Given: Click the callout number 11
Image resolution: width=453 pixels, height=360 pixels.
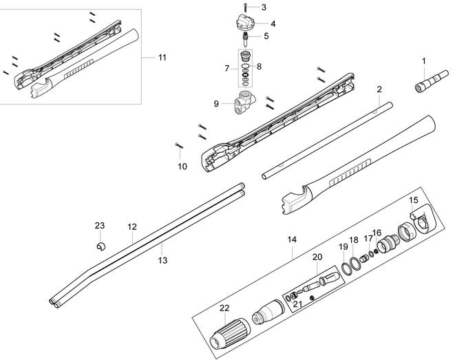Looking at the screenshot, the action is pyautogui.click(x=162, y=58).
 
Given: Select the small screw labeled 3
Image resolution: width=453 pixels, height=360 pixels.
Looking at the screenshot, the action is pyautogui.click(x=245, y=7).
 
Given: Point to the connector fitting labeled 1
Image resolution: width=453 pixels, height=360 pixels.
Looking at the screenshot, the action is pyautogui.click(x=432, y=81).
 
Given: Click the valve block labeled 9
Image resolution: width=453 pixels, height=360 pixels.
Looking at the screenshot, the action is pyautogui.click(x=245, y=103).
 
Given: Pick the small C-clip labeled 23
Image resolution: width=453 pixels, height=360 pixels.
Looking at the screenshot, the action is pyautogui.click(x=101, y=246).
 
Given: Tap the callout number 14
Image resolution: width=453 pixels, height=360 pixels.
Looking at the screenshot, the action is pyautogui.click(x=292, y=240).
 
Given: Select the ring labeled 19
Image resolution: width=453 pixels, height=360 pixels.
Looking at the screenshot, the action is pyautogui.click(x=345, y=268).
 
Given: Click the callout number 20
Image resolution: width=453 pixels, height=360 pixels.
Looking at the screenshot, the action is pyautogui.click(x=317, y=257).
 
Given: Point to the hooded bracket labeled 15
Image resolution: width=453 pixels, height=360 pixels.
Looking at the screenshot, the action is pyautogui.click(x=423, y=218).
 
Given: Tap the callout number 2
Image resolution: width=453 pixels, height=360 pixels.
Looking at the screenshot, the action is pyautogui.click(x=379, y=89).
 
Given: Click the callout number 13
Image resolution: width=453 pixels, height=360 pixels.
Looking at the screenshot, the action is pyautogui.click(x=162, y=260).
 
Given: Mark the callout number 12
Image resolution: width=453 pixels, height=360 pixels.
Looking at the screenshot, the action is pyautogui.click(x=132, y=226).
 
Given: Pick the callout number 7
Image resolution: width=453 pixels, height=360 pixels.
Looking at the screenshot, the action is pyautogui.click(x=226, y=68).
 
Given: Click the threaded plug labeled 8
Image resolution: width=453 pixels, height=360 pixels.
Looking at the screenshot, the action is pyautogui.click(x=246, y=55).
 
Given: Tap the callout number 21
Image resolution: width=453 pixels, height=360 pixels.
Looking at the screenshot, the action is pyautogui.click(x=297, y=304).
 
